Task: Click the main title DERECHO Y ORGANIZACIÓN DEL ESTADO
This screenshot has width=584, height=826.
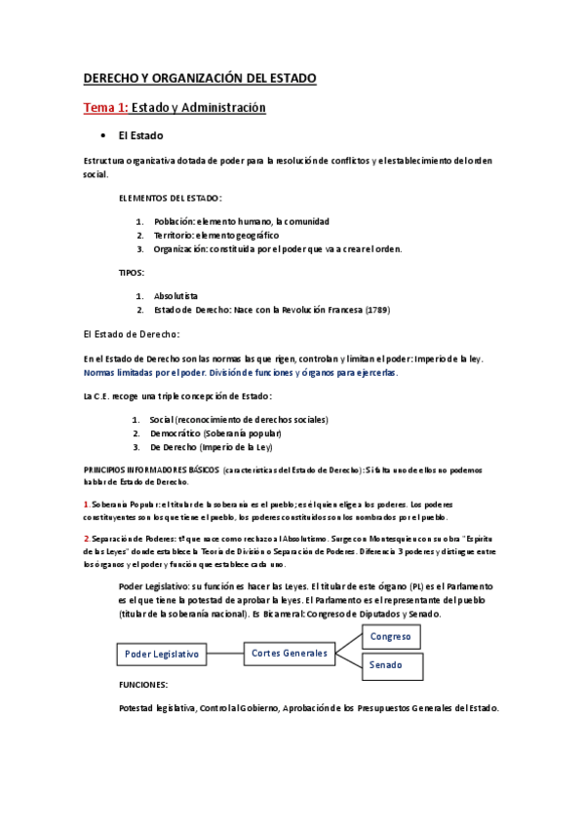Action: click(200, 78)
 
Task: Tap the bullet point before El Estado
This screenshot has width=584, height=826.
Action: click(102, 135)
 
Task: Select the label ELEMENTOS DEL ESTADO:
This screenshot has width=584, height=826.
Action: click(170, 198)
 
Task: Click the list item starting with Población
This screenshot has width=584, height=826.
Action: click(242, 221)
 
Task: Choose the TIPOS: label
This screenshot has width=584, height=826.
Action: click(131, 273)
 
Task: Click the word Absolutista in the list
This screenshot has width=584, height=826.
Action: click(176, 295)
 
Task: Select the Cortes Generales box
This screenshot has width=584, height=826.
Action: click(289, 653)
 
